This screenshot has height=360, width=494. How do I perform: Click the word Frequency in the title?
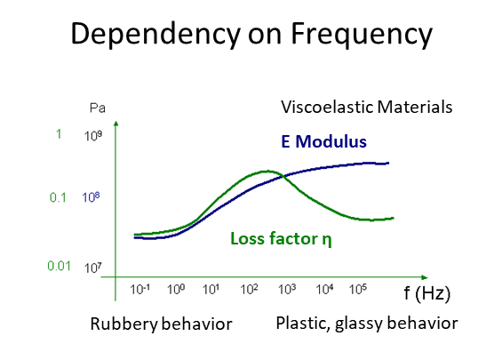pyautogui.click(x=362, y=34)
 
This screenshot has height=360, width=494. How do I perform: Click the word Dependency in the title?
pyautogui.click(x=155, y=34)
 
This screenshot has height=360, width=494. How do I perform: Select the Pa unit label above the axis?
pyautogui.click(x=98, y=108)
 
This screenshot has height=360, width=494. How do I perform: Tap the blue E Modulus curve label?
pyautogui.click(x=323, y=141)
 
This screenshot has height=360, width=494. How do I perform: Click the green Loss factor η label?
pyautogui.click(x=281, y=238)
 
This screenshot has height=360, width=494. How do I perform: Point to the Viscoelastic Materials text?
pyautogui.click(x=366, y=107)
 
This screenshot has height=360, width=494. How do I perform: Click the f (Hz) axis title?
pyautogui.click(x=426, y=293)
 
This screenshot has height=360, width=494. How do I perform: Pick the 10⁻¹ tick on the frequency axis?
pyautogui.click(x=139, y=289)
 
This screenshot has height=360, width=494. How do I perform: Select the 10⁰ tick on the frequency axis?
pyautogui.click(x=176, y=289)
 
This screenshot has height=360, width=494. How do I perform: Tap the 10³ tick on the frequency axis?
pyautogui.click(x=287, y=289)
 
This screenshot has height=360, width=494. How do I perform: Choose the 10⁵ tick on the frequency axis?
pyautogui.click(x=358, y=289)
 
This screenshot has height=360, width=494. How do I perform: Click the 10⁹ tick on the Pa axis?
pyautogui.click(x=93, y=136)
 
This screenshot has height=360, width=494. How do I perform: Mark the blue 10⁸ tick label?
pyautogui.click(x=91, y=197)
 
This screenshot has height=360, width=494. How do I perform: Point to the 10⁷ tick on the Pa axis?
pyautogui.click(x=93, y=268)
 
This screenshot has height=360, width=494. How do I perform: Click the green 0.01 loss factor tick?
pyautogui.click(x=59, y=266)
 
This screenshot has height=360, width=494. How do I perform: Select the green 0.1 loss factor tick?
pyautogui.click(x=58, y=197)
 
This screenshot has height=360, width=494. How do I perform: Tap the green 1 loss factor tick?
pyautogui.click(x=59, y=134)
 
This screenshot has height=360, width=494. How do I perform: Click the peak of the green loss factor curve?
pyautogui.click(x=267, y=172)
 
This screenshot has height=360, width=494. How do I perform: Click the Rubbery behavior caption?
pyautogui.click(x=161, y=324)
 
